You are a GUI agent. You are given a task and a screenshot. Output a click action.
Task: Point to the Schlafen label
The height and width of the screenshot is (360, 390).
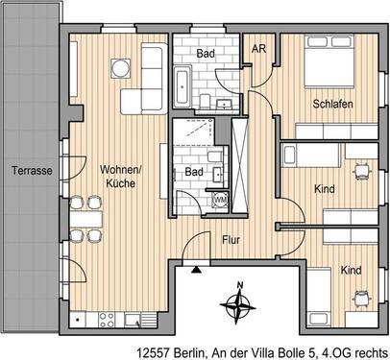click(x=330, y=105)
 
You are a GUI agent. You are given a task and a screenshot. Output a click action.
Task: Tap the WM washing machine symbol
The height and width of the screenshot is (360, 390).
click(x=220, y=199)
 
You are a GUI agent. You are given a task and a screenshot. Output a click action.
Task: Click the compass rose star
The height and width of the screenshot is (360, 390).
click(x=237, y=307)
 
